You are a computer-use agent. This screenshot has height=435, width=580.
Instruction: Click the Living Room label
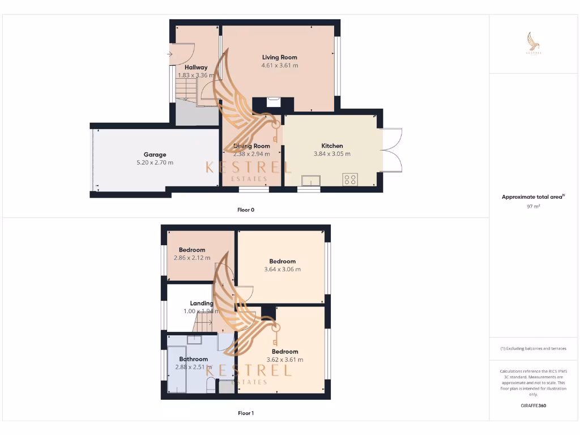279,57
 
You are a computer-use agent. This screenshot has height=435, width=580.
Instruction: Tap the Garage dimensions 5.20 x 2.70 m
155,163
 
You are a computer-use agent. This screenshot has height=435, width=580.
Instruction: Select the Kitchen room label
332,146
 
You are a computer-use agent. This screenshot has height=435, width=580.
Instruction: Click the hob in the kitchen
349,180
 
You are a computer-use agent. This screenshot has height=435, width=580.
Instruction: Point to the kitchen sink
310,181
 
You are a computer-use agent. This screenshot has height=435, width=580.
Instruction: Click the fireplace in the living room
273,103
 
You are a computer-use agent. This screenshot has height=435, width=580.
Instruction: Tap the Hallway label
196,67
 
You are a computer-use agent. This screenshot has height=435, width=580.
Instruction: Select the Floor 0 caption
246,210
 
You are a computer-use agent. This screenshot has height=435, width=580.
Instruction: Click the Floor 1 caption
246,413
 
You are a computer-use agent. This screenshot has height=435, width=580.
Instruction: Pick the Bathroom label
193,359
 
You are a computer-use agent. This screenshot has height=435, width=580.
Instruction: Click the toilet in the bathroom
211,386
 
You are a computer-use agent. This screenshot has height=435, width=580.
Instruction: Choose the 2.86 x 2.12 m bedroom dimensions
192,258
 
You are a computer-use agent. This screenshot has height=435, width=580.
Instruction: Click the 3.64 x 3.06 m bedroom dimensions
283,269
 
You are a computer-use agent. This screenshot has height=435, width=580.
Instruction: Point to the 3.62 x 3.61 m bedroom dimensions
284,359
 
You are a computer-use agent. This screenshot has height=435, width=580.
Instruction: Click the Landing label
202,303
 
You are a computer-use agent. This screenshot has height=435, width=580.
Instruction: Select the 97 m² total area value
533,207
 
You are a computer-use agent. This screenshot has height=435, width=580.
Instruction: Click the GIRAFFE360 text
533,406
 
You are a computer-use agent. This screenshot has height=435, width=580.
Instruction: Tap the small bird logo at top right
533,43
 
